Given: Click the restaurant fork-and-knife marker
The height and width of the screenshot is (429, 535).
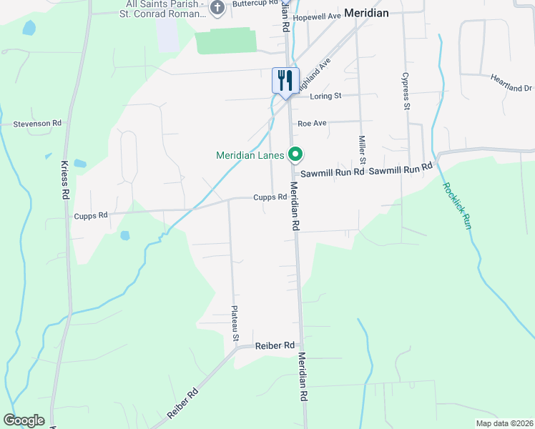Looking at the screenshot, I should click(285, 79).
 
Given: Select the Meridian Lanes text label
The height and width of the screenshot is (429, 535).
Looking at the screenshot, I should click(250, 155).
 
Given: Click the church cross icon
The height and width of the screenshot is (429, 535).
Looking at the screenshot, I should click(218, 9).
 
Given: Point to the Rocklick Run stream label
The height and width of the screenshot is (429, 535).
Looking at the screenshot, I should click(456, 206).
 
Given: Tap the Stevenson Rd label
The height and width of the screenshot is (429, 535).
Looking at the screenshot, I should click(37, 124).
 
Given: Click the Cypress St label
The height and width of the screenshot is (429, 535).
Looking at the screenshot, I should click(406, 90).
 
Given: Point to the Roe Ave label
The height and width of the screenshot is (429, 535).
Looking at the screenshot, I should click(313, 123).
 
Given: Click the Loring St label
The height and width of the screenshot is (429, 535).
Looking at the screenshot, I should click(325, 96).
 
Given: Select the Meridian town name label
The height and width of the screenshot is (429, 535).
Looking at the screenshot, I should click(365, 12).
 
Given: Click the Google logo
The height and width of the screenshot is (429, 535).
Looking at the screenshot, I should click(24, 420).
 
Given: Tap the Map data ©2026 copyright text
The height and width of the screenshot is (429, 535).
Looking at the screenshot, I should click(504, 423).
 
